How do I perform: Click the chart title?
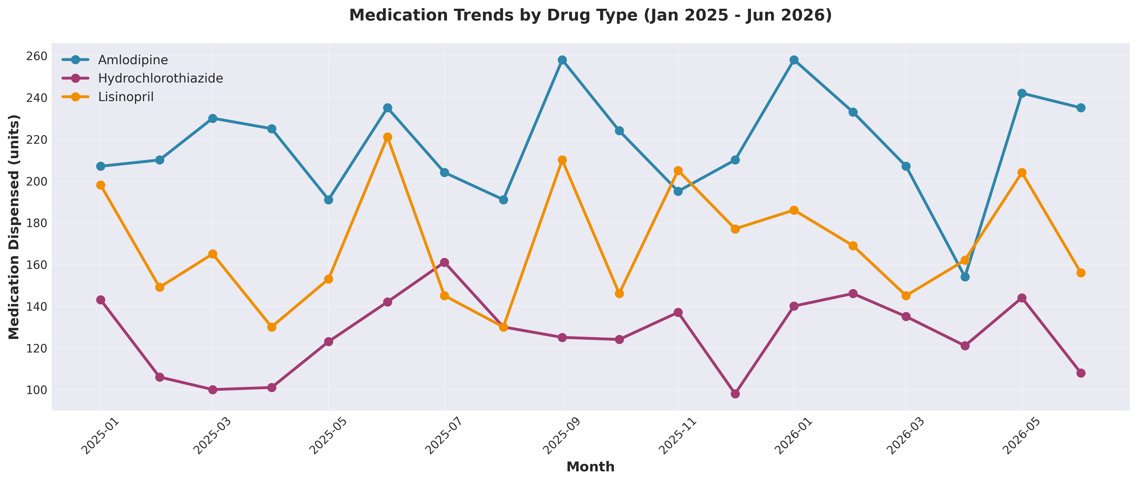pyautogui.click(x=590, y=16)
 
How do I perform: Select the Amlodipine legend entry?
pyautogui.click(x=133, y=60)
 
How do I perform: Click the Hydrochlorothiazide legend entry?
pyautogui.click(x=160, y=78)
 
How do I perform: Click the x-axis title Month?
pyautogui.click(x=590, y=466)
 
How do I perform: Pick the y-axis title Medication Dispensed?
pyautogui.click(x=14, y=227)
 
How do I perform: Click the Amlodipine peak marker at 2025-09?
pyautogui.click(x=562, y=60)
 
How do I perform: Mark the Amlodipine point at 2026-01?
pyautogui.click(x=794, y=60)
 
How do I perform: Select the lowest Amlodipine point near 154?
pyautogui.click(x=965, y=277)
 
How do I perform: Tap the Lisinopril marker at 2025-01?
pyautogui.click(x=101, y=185)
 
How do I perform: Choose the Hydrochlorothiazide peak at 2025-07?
pyautogui.click(x=444, y=262)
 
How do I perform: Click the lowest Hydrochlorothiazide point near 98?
pyautogui.click(x=735, y=394)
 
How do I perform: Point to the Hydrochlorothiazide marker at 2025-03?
pyautogui.click(x=213, y=390)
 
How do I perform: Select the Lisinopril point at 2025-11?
pyautogui.click(x=678, y=171)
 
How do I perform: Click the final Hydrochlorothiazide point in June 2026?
pyautogui.click(x=1081, y=373)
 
